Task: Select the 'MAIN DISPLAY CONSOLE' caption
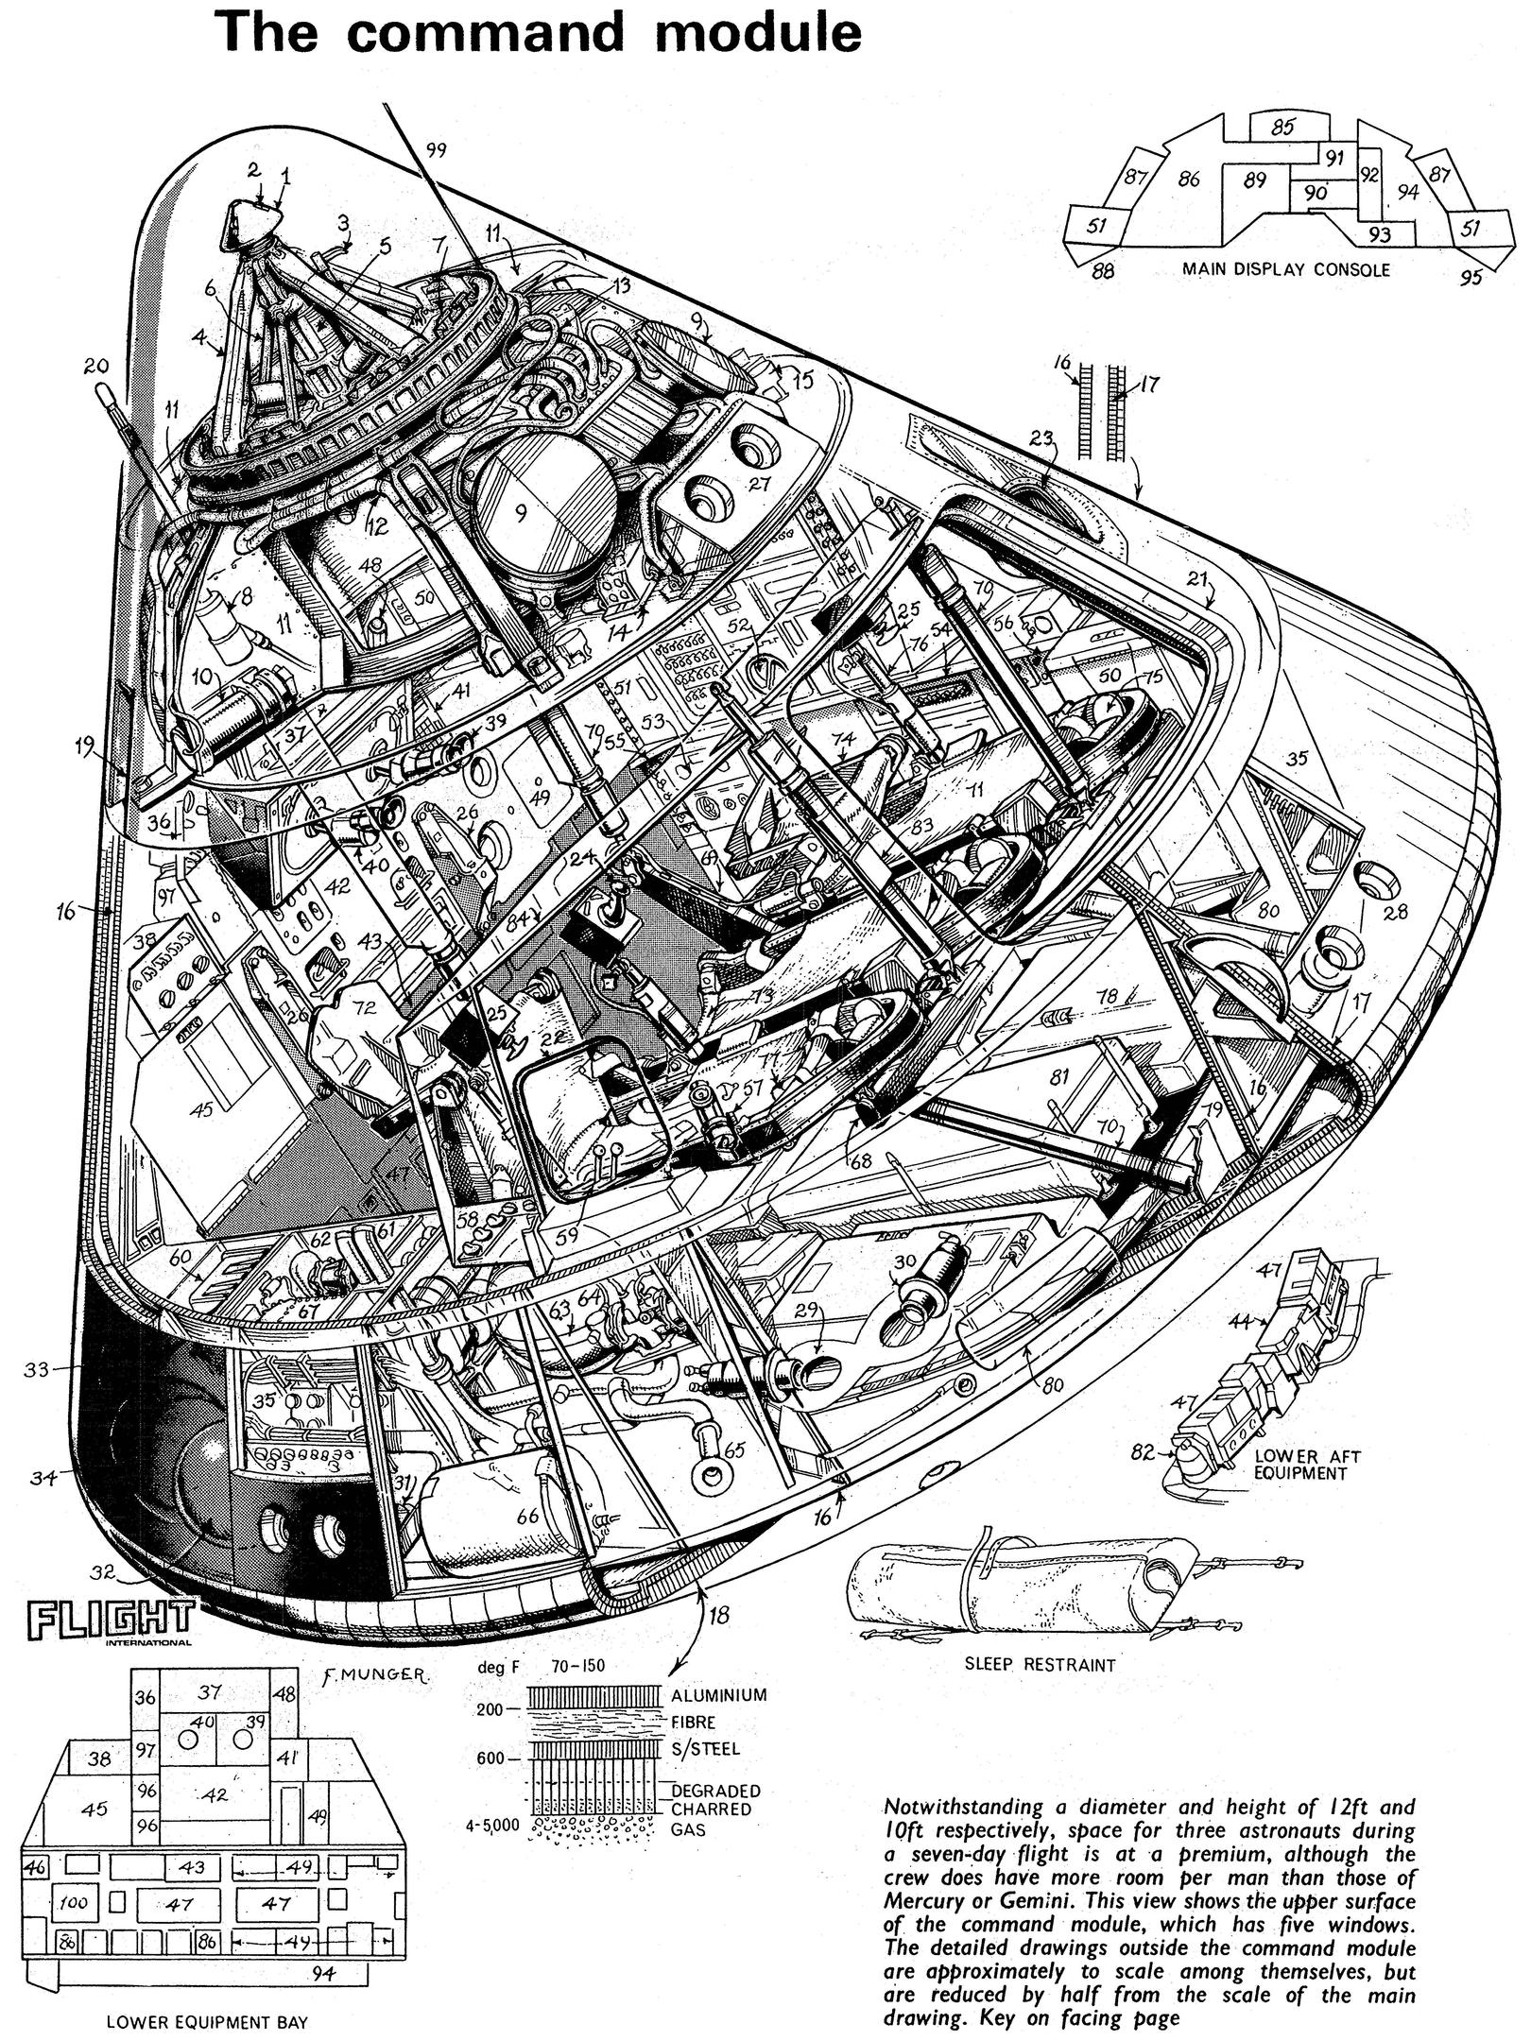pyautogui.click(x=1285, y=269)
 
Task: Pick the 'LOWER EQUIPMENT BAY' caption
pyautogui.click(x=207, y=2015)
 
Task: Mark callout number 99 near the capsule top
pyautogui.click(x=436, y=148)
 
